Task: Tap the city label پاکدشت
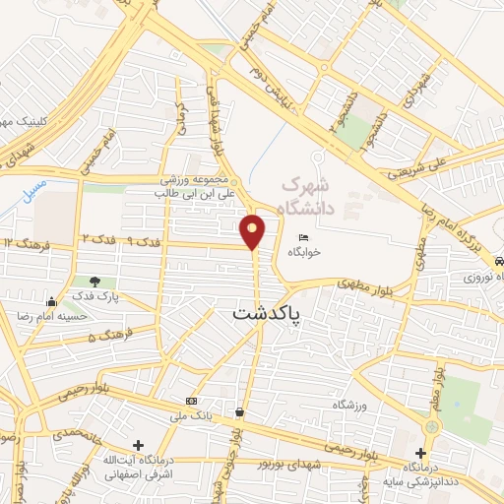(268, 313)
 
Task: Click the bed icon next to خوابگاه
(304, 239)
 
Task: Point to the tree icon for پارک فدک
(96, 283)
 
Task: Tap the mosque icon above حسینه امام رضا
(51, 301)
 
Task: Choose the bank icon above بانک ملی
(191, 401)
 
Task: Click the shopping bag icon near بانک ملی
(240, 410)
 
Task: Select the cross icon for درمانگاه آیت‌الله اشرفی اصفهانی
(139, 446)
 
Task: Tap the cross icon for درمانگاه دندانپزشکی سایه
(420, 452)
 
